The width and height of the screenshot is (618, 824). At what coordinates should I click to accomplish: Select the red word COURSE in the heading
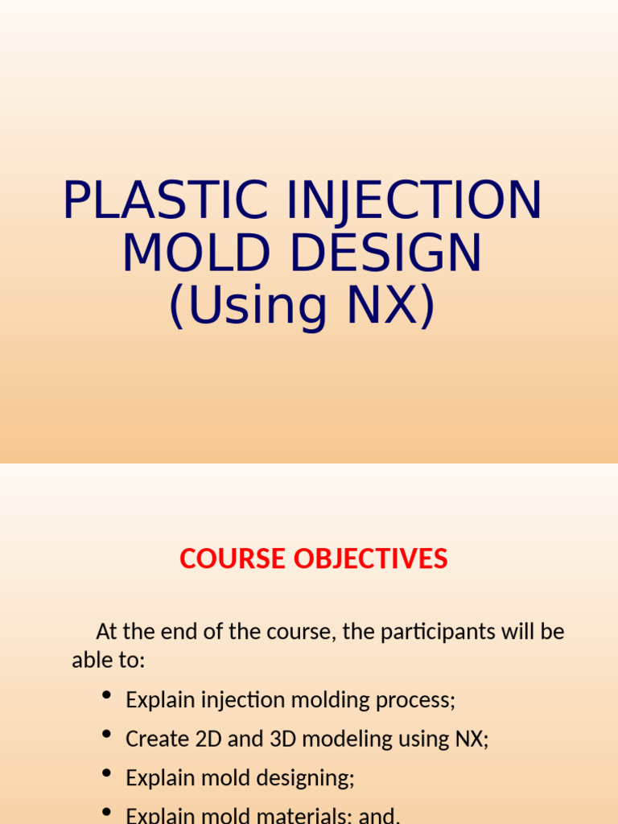click(x=233, y=558)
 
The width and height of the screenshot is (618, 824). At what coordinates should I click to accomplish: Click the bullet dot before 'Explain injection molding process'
click(x=106, y=696)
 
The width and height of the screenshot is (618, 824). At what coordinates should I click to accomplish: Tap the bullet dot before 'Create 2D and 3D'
click(x=106, y=735)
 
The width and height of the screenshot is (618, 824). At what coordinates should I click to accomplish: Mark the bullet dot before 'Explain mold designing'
click(x=106, y=773)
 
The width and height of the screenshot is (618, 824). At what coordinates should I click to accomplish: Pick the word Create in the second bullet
click(x=150, y=739)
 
